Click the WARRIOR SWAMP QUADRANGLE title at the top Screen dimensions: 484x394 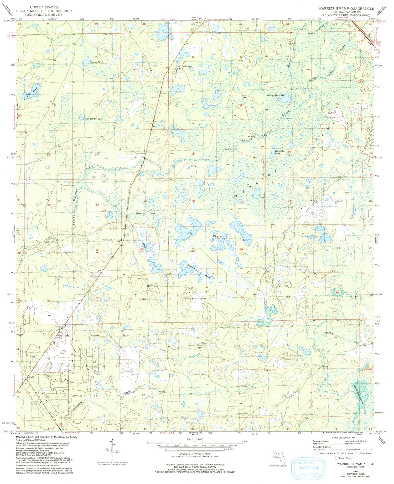(x=346, y=9)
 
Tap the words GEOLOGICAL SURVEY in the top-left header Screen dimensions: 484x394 (x=44, y=15)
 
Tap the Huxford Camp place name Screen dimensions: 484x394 (x=185, y=66)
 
